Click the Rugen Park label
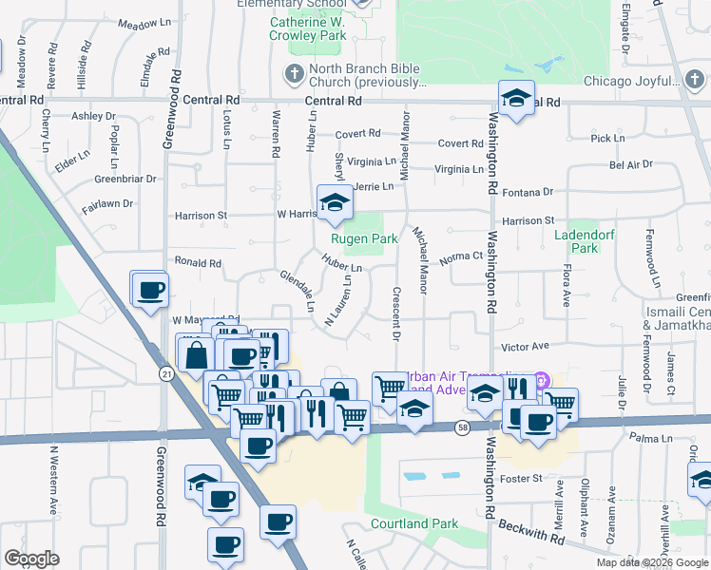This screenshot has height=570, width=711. click(363, 239)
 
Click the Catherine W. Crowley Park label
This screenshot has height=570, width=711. click(320, 28)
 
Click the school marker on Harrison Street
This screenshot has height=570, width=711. click(335, 203)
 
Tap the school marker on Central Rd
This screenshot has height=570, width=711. click(516, 99)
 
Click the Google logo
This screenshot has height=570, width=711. click(32, 559)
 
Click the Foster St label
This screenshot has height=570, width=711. click(522, 478)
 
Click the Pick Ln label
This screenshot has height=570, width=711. click(606, 139)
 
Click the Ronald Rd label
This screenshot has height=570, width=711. click(197, 263)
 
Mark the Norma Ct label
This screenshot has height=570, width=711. click(462, 256)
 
